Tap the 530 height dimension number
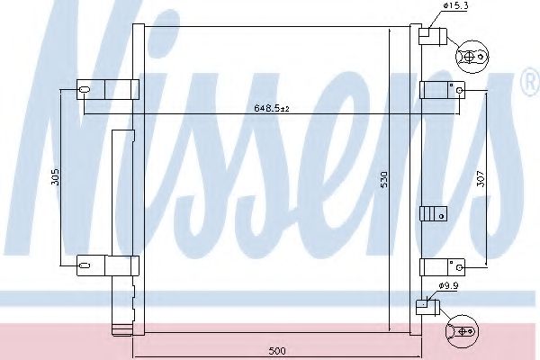pos(383,178)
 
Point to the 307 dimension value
pos(481,179)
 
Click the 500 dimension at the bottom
pos(278,350)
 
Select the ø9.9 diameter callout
pos(449,287)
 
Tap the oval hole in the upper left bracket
pos(85,89)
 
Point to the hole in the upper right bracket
pos(459,89)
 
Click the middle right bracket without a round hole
pos(434,213)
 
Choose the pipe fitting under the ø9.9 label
pos(427,306)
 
